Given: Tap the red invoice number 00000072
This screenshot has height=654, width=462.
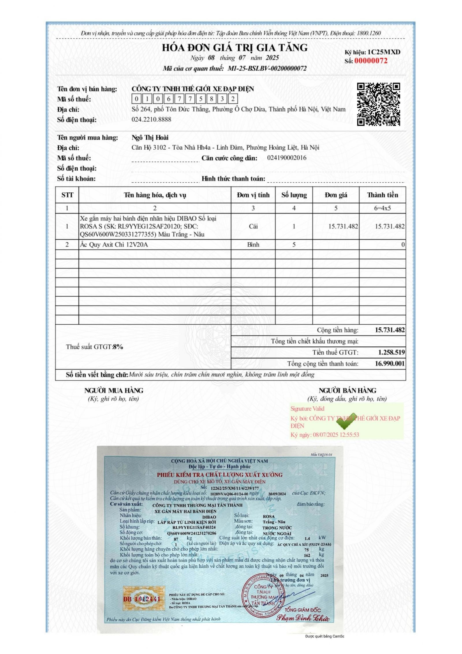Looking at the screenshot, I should (x=371, y=61).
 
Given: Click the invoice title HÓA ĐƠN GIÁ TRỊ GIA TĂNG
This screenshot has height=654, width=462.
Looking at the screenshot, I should (x=234, y=47).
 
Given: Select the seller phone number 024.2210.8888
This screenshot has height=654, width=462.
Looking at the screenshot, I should (x=151, y=119).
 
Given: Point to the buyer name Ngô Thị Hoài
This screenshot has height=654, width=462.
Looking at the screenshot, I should (x=150, y=138).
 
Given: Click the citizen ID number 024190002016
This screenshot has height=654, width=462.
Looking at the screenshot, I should (x=287, y=158).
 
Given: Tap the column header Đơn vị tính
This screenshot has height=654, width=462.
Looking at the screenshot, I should (x=253, y=195).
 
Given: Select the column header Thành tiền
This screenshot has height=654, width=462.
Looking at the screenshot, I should (x=382, y=195).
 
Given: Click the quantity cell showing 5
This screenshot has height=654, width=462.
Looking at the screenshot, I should (x=294, y=245).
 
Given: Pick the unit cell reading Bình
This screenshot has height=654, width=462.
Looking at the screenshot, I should (x=253, y=245).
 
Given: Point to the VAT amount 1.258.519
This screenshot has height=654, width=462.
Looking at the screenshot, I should (x=391, y=352).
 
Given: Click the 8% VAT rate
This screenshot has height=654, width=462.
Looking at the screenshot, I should (x=118, y=347).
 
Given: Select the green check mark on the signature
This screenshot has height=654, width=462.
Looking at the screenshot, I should (x=346, y=422).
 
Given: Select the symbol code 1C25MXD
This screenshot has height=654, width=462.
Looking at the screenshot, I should (x=384, y=52).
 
